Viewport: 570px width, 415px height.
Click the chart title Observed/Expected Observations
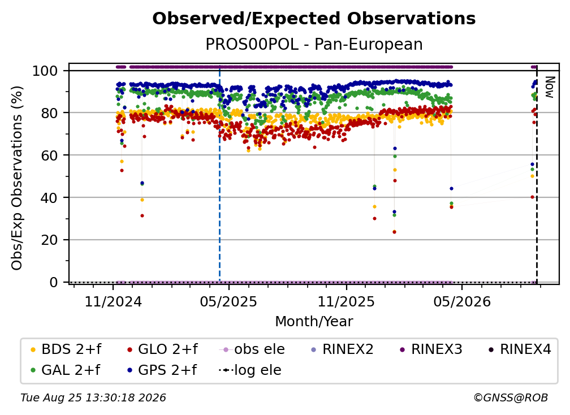pos(314,19)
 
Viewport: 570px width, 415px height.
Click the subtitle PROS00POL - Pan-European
pos(314,45)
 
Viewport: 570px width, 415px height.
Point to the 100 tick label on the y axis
pos(45,71)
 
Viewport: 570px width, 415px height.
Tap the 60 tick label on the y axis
pos(49,155)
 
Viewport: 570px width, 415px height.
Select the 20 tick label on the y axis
pos(49,240)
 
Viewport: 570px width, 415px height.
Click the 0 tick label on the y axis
pos(54,282)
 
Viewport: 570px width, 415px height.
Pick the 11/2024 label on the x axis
pos(113,302)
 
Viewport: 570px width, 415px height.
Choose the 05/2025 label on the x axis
pos(228,302)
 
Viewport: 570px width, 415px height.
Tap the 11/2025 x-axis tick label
pos(346,302)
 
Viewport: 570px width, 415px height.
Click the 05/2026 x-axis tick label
pos(461,302)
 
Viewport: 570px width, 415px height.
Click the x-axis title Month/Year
pos(314,322)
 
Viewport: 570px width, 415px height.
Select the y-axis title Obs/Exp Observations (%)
pos(17,178)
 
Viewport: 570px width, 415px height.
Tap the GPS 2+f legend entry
pos(161,370)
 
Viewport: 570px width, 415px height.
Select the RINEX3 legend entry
pos(431,349)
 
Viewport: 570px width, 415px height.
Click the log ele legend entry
pos(250,370)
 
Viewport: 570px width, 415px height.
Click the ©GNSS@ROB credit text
pos(511,398)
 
